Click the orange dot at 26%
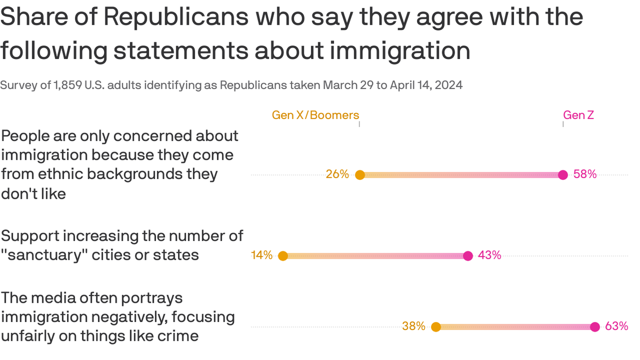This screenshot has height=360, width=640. click(360, 175)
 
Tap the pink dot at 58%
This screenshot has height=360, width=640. click(563, 175)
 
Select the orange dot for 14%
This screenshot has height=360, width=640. click(283, 256)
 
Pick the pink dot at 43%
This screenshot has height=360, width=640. click(468, 256)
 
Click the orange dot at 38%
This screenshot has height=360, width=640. click(436, 327)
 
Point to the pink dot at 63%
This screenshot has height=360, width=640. click(595, 327)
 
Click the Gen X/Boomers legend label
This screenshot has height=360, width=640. click(315, 115)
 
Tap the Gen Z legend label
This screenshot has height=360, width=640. click(578, 115)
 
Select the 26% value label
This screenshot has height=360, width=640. click(337, 174)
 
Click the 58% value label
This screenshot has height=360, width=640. click(585, 174)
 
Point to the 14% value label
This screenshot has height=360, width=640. click(261, 255)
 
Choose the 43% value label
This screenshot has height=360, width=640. click(490, 255)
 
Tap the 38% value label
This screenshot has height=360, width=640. click(414, 326)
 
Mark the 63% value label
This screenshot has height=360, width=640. click(617, 326)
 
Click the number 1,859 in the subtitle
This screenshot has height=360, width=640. click(70, 85)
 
